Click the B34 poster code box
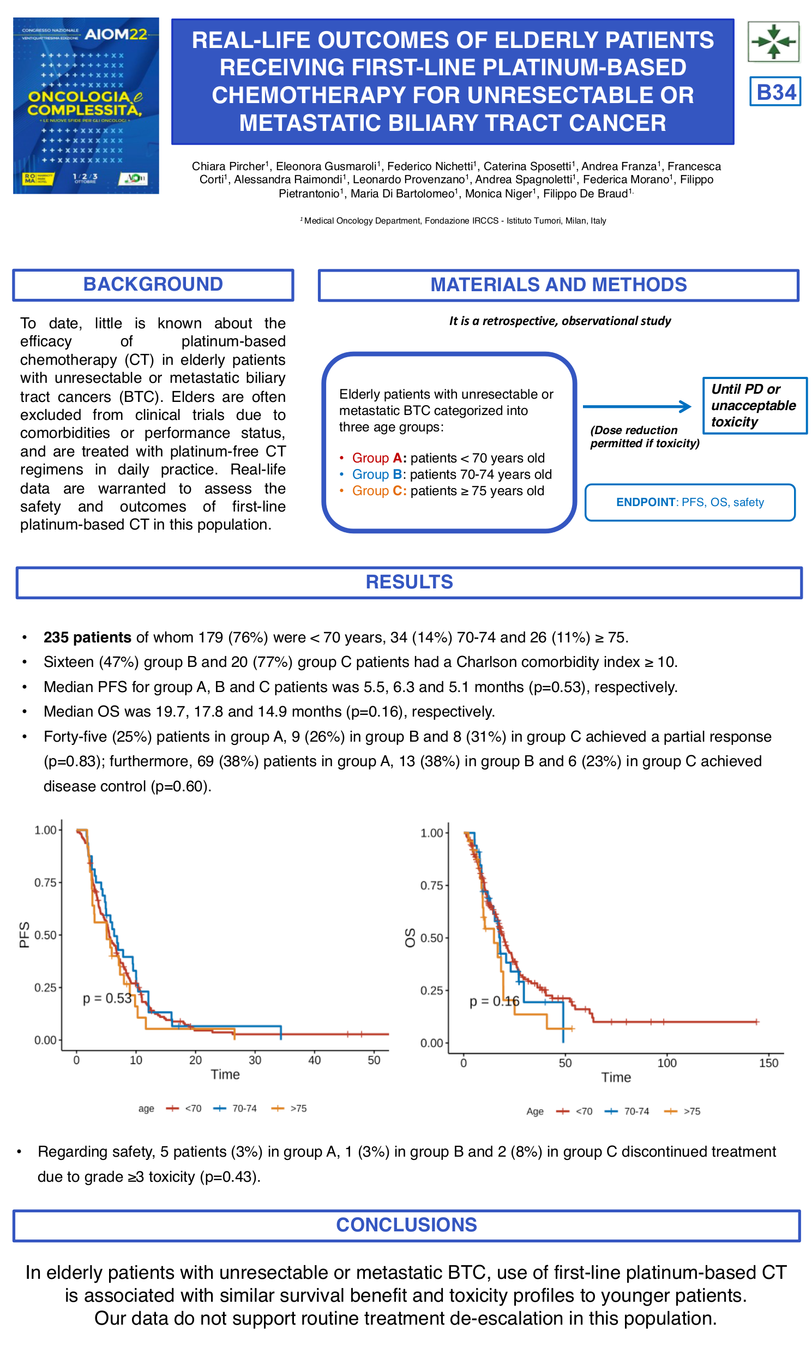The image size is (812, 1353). click(775, 92)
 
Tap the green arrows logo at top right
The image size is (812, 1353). click(773, 41)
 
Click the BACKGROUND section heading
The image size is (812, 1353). click(153, 285)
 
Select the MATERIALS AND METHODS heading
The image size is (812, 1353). click(558, 285)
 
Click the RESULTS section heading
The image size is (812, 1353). click(409, 582)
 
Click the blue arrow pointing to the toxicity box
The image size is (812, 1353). click(637, 406)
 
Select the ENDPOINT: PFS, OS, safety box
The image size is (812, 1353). click(689, 502)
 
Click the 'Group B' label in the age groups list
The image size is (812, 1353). click(377, 474)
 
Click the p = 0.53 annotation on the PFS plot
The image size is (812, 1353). click(107, 999)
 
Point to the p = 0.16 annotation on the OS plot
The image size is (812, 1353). click(494, 1001)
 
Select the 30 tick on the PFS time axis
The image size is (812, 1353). click(255, 1060)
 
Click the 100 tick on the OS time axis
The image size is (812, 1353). click(666, 1063)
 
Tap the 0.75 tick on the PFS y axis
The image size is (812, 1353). click(45, 883)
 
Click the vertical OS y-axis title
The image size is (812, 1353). click(410, 937)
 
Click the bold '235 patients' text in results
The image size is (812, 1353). click(87, 638)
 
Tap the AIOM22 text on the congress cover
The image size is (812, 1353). click(116, 34)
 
